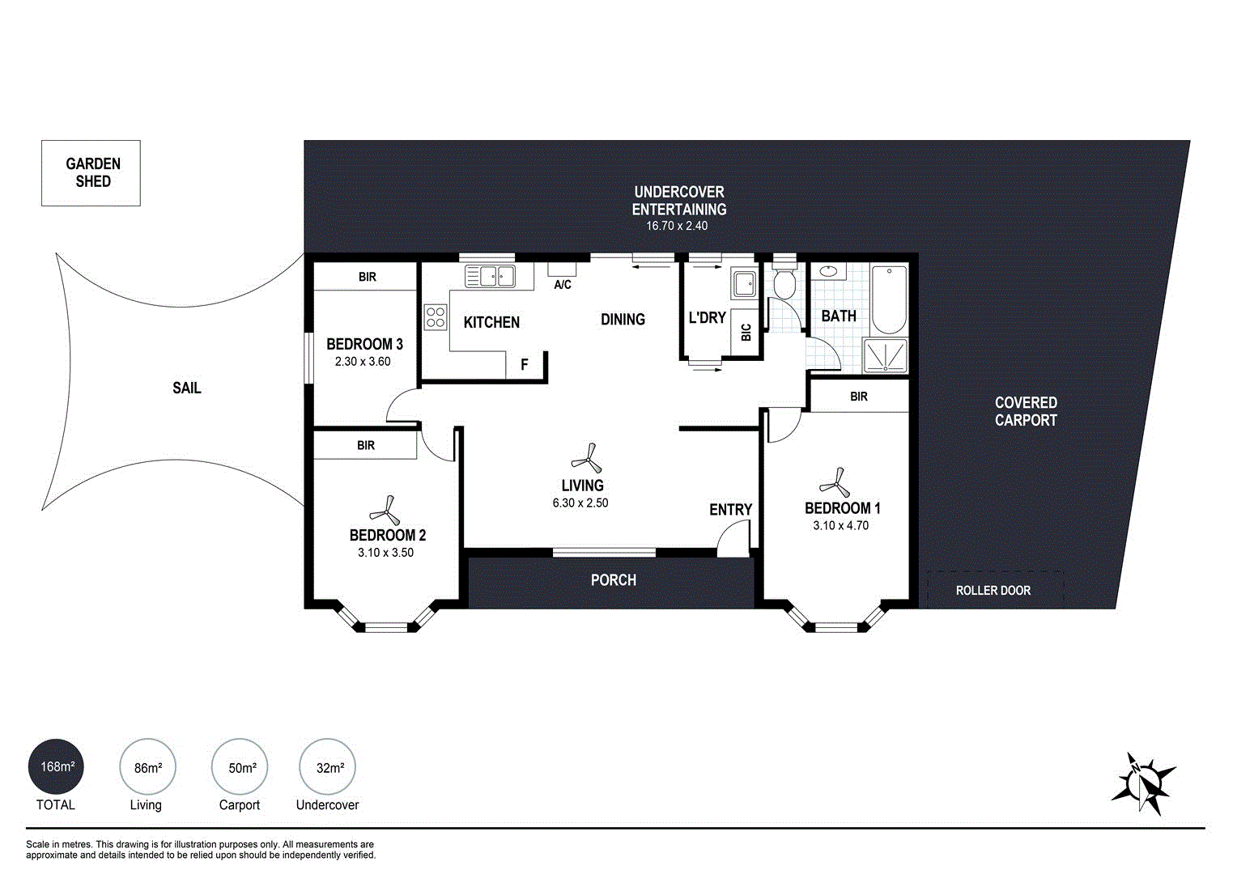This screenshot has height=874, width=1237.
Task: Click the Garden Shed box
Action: pos(91,173)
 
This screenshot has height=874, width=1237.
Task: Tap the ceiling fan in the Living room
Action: pos(587,460)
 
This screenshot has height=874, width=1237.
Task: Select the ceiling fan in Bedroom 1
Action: pos(835,484)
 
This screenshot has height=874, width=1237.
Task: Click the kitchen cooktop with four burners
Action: pos(436,316)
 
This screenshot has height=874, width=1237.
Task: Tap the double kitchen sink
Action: pos(490,276)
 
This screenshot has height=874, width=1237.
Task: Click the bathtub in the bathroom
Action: pos(890,299)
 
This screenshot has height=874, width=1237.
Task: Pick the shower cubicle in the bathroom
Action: pos(886,356)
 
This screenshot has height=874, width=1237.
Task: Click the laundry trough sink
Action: pos(743,284)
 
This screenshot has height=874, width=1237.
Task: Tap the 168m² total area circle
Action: pos(57,766)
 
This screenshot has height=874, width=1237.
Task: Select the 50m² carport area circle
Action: pos(240,767)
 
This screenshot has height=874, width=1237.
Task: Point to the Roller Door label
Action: pos(993,591)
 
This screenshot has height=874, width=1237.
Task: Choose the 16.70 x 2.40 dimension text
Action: pos(677,226)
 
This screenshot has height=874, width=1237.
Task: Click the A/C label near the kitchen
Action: pos(563,285)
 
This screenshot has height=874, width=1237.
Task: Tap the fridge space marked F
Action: pos(525,365)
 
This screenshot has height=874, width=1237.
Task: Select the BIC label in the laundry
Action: pos(746,332)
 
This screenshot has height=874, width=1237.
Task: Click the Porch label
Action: pos(613,580)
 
